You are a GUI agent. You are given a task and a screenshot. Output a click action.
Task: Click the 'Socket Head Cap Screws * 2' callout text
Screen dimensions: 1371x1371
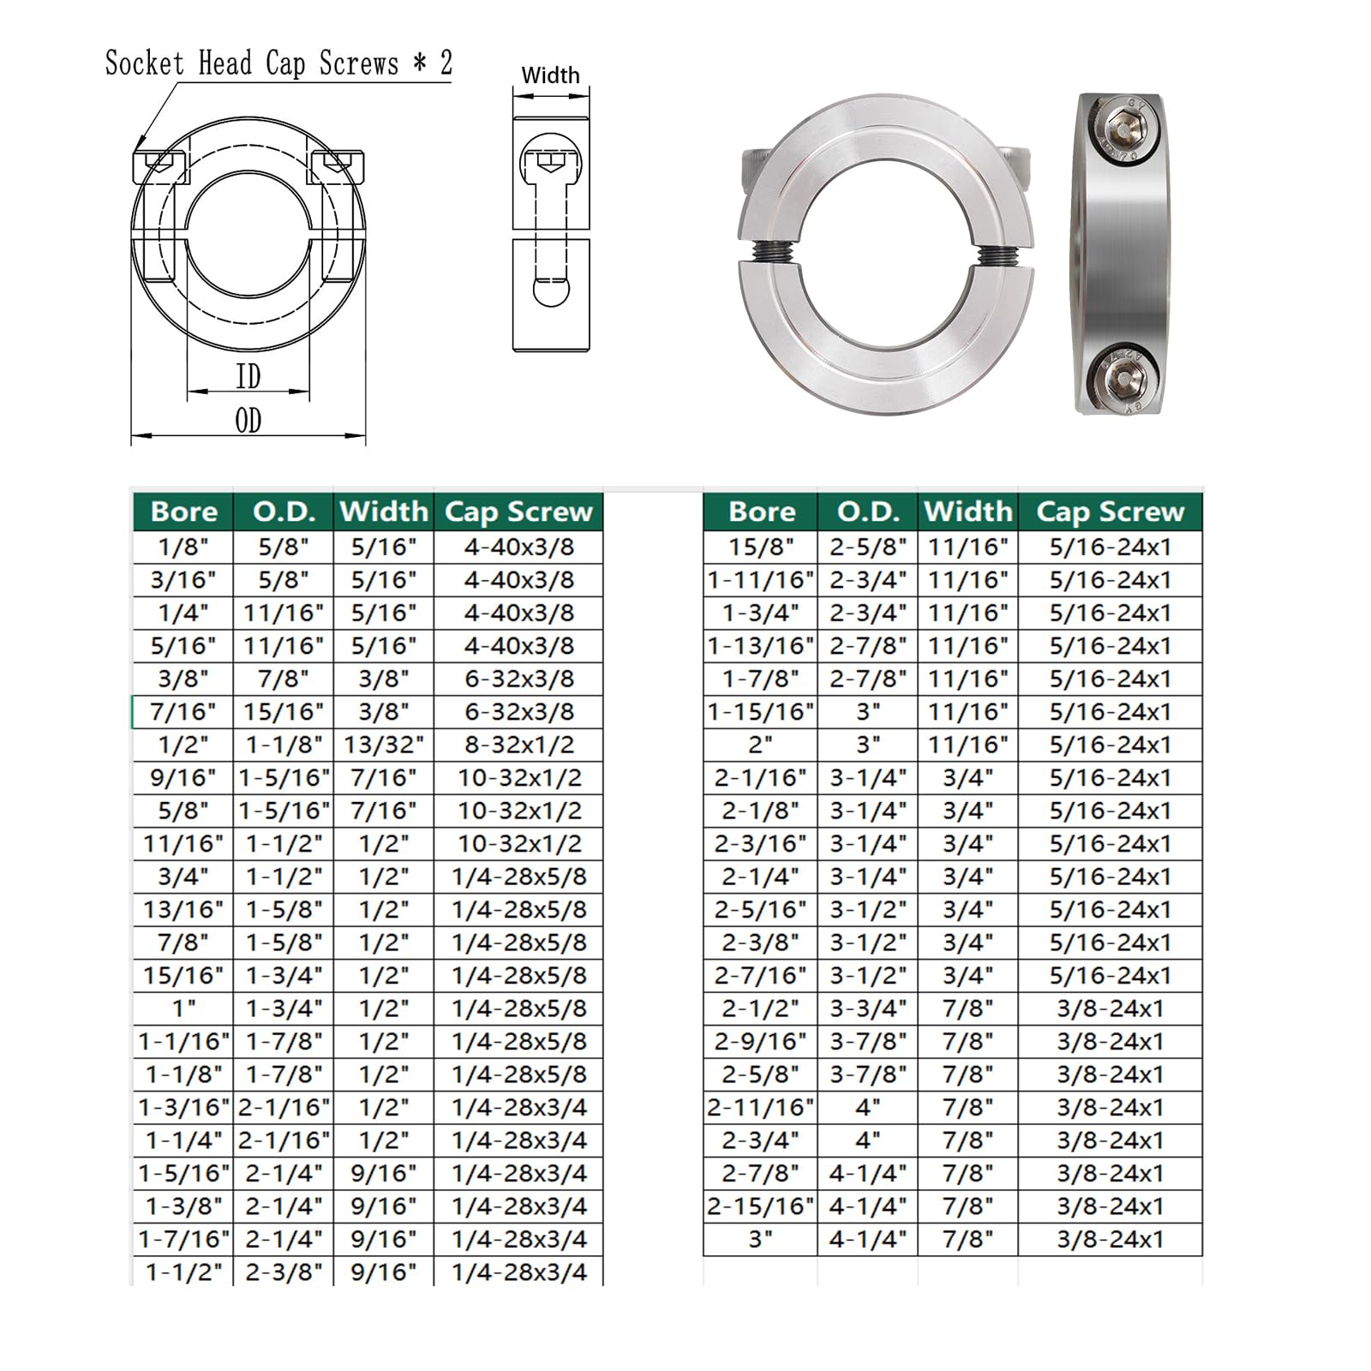pos(278,63)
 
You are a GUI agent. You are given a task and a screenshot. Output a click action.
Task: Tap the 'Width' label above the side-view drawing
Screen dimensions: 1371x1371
pos(550,75)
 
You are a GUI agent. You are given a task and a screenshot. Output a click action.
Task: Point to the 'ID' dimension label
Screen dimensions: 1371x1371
pos(248,376)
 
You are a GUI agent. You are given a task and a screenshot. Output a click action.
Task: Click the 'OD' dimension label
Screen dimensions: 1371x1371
pos(248,421)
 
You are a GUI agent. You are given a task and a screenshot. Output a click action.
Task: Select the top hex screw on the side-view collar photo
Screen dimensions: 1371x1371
pos(1121,127)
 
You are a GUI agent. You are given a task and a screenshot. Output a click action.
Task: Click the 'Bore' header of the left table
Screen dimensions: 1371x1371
pos(183,512)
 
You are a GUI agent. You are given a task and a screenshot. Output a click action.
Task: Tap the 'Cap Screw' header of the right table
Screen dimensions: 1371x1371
pos(1110,512)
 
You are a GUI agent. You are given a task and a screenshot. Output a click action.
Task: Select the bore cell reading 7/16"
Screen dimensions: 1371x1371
pos(183,711)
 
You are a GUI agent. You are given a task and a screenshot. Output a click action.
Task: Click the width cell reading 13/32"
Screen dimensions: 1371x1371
pos(383,745)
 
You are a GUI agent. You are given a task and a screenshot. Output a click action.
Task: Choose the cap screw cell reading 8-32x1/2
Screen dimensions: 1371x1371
pos(519,745)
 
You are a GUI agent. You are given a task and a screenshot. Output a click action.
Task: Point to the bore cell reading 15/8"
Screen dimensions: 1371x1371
pos(760,547)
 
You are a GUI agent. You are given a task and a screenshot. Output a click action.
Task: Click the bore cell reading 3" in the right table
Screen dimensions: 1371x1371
pos(760,1239)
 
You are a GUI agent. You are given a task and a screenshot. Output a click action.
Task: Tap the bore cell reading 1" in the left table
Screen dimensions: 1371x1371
pos(183,1009)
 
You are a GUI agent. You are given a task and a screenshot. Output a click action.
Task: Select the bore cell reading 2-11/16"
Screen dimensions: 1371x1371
pos(760,1107)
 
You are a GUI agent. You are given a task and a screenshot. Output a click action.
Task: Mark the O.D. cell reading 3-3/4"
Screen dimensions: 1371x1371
pos(867,1009)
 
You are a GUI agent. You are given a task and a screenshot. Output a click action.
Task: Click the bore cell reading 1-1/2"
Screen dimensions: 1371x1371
pos(183,1272)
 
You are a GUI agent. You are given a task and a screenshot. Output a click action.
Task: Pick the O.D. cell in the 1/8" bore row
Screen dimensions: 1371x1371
pos(284,547)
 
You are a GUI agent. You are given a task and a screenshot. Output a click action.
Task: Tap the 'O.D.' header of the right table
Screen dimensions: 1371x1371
pos(867,512)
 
